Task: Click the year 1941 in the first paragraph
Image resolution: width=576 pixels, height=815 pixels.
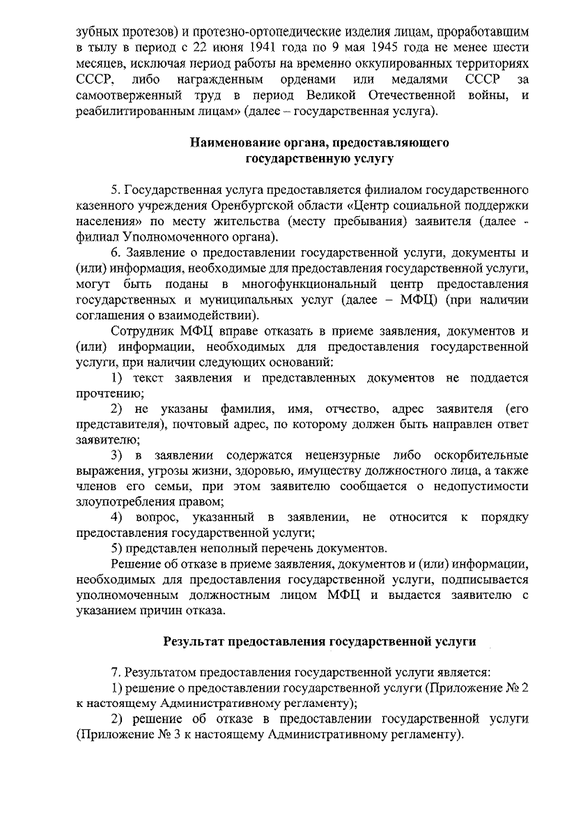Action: coord(264,49)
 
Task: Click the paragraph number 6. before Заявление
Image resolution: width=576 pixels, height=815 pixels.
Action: coord(115,253)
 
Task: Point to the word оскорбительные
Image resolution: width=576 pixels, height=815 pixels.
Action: coord(480,455)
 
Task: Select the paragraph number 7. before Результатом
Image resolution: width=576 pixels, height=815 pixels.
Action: coord(115,672)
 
